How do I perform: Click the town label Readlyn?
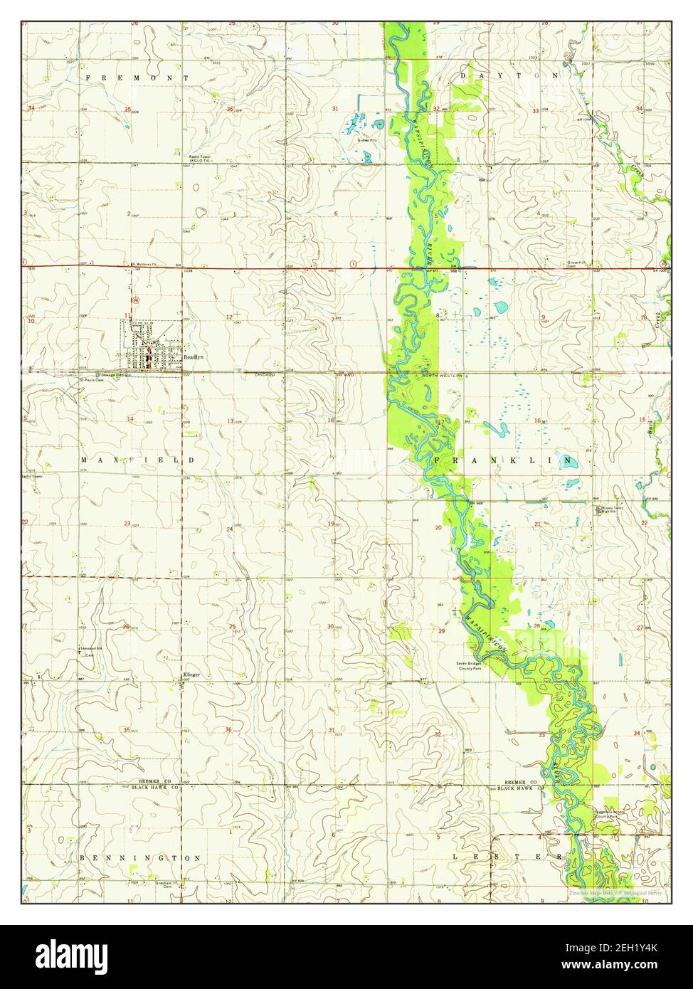(x=194, y=358)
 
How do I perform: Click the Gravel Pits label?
(x=366, y=140)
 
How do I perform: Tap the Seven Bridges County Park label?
(x=470, y=667)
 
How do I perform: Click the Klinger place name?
(x=191, y=674)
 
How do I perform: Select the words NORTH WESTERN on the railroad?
(x=442, y=375)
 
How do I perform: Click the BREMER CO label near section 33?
(x=519, y=782)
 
